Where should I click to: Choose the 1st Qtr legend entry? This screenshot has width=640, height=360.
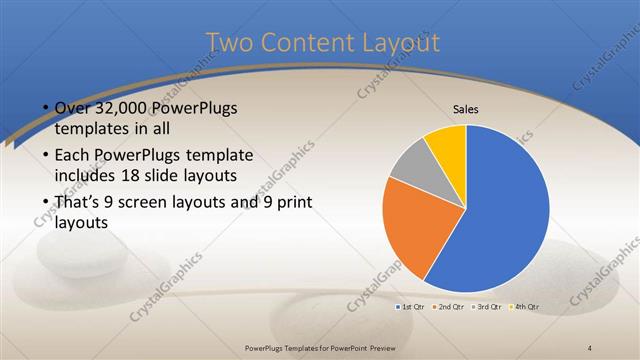coord(411,306)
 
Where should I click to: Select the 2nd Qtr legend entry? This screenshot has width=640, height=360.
coord(449,306)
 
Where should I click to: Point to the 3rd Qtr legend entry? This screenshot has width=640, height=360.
coord(487,306)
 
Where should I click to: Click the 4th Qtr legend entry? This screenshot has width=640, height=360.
coord(525,306)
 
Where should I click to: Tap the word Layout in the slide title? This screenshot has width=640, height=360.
coord(398,43)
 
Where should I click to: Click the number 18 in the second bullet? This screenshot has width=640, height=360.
coord(155,177)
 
